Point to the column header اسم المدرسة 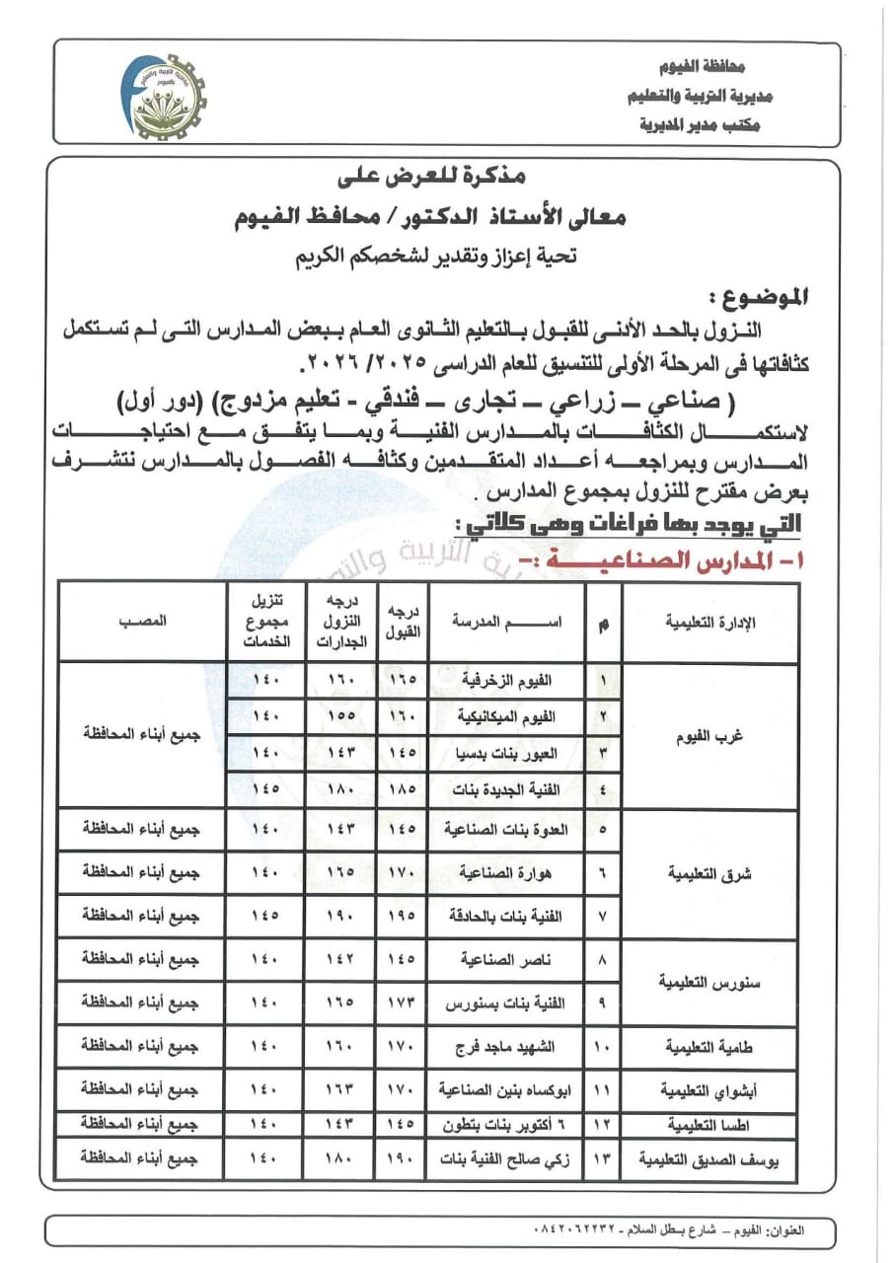(506, 623)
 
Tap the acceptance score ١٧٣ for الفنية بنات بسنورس (404, 1003)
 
